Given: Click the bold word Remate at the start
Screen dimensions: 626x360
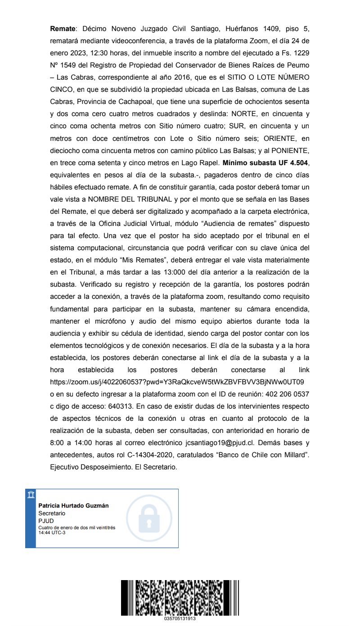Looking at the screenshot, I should (x=63, y=29).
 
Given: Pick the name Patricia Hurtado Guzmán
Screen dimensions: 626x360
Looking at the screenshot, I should (x=73, y=505).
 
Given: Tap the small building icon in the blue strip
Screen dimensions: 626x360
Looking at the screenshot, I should (x=30, y=495).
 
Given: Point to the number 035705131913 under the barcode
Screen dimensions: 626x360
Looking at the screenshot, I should (x=180, y=618).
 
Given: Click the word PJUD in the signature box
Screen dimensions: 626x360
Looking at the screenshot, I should (x=46, y=521).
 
